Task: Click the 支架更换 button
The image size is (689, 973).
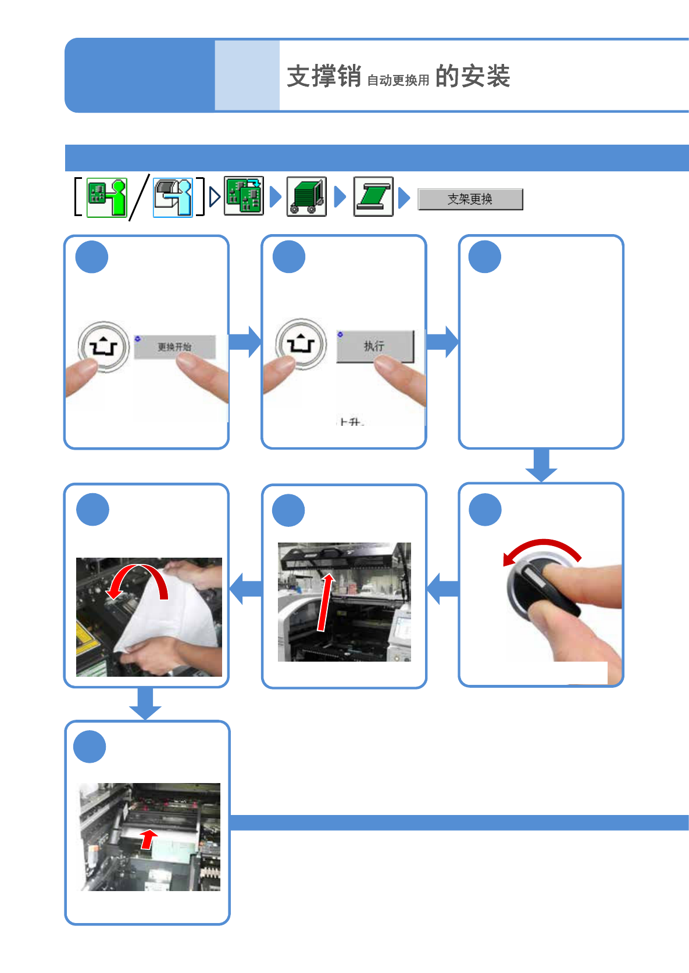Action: click(x=470, y=199)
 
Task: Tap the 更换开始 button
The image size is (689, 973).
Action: click(x=174, y=347)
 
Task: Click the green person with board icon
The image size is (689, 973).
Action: click(x=106, y=198)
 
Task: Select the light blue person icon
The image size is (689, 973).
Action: click(x=173, y=198)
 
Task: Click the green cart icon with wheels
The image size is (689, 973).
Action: click(x=306, y=197)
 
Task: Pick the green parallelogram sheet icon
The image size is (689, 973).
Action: click(x=373, y=197)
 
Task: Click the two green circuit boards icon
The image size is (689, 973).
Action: click(x=244, y=196)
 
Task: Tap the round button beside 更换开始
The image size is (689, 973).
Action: click(x=103, y=347)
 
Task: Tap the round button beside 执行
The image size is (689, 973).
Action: click(x=301, y=344)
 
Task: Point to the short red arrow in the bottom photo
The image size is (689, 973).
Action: click(x=148, y=838)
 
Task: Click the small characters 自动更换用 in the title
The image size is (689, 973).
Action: click(x=398, y=80)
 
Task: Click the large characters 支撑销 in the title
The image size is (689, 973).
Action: click(x=324, y=76)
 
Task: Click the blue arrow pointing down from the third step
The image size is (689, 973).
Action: click(x=541, y=465)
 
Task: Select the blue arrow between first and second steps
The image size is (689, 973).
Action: click(x=245, y=342)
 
